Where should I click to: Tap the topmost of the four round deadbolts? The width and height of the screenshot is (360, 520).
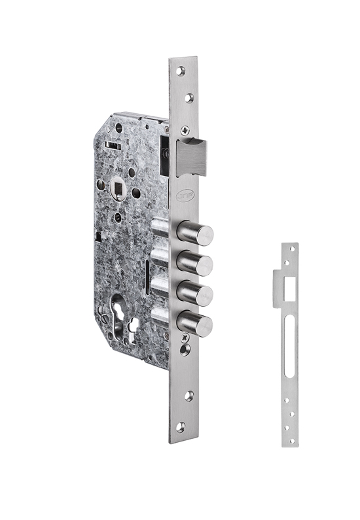(x=196, y=234)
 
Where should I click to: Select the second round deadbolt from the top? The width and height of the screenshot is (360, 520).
(x=196, y=264)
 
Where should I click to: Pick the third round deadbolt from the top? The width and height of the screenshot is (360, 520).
(x=196, y=294)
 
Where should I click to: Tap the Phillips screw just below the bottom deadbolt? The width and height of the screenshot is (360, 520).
(x=185, y=337)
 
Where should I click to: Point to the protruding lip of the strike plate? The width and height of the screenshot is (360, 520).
(x=278, y=288)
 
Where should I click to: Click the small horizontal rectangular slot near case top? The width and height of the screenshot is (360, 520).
(x=113, y=145)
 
